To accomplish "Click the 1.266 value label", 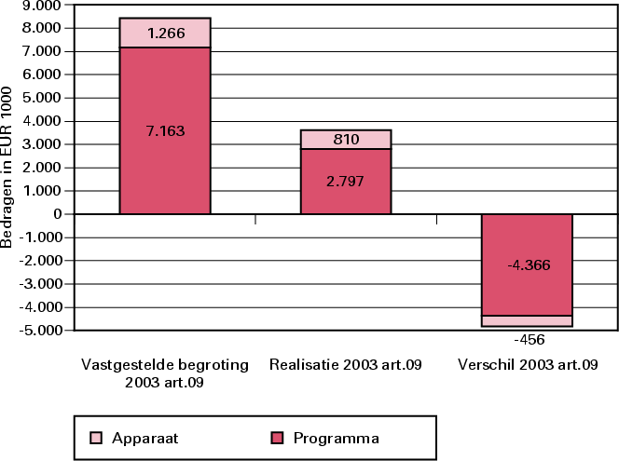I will [x=166, y=34].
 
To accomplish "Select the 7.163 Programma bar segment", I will [x=164, y=102].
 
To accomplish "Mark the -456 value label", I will [x=527, y=340].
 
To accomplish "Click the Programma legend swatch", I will [x=276, y=437].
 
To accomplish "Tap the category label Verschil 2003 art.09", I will [x=528, y=365].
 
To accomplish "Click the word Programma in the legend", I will [x=336, y=437].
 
